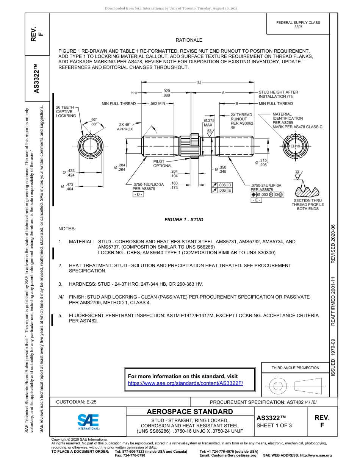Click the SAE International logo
[88, 421]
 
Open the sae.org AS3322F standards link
[185, 383]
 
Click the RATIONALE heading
[189, 40]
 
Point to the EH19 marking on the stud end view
[295, 146]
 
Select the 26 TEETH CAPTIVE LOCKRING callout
[66, 111]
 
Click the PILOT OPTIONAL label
[163, 163]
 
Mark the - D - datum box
[138, 194]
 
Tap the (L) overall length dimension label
[199, 82]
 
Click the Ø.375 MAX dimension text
[209, 122]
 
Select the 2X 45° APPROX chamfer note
[125, 127]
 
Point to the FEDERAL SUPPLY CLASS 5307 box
[298, 25]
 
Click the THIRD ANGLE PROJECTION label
[295, 367]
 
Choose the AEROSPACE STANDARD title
[190, 411]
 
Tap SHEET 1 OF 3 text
[274, 425]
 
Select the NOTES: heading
[67, 229]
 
